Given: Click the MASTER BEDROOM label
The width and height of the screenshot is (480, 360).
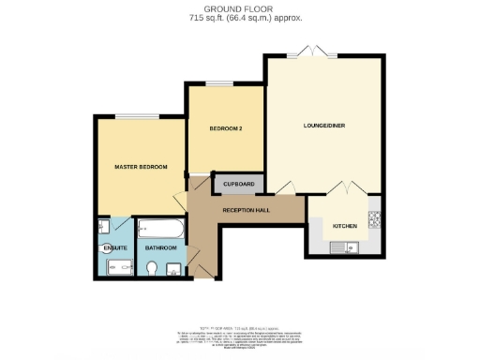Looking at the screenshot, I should [141, 167].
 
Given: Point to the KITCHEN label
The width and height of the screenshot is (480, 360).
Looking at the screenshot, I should [344, 226].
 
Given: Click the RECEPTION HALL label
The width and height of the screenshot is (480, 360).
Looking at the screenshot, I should [247, 209].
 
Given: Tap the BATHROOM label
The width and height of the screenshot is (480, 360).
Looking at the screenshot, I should [161, 247].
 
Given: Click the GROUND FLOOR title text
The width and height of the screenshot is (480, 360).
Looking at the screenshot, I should [239, 8].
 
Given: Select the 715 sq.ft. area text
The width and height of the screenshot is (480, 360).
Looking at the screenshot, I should [239, 18].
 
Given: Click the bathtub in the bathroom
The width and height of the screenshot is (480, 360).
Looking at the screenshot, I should [160, 228].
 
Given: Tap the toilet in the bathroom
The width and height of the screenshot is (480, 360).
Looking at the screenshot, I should [153, 269].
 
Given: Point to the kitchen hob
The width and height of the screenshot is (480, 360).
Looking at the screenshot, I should [374, 221].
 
